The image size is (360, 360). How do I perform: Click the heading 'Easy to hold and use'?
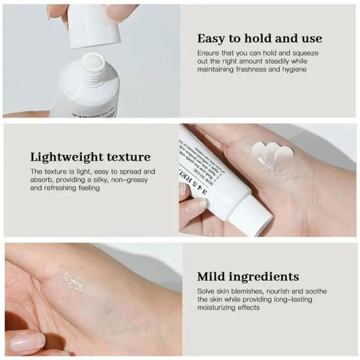pos(259,38)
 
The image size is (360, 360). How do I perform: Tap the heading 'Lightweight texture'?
pos(90,157)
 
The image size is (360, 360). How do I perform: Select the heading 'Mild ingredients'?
pos(248,277)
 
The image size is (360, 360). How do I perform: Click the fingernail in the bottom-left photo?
pos(28,341)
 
